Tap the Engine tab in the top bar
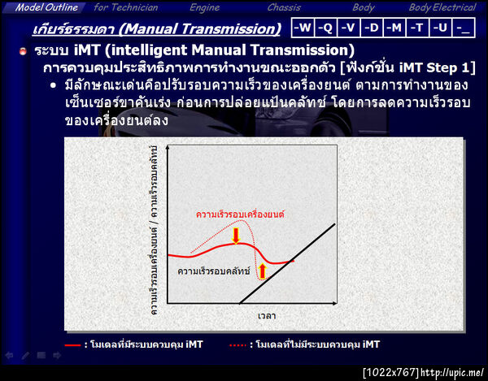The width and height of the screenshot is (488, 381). click(204, 7)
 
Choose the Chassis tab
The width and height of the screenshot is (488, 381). click(284, 7)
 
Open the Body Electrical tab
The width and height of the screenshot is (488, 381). click(442, 7)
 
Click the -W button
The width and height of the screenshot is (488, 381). click(303, 28)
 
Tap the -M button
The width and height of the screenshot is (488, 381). click(394, 28)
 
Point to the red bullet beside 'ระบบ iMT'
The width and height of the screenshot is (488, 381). click(23, 51)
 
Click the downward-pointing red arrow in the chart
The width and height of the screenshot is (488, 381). click(236, 236)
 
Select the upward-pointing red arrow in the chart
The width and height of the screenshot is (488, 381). click(262, 271)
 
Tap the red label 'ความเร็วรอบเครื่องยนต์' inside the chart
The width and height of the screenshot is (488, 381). click(240, 214)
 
